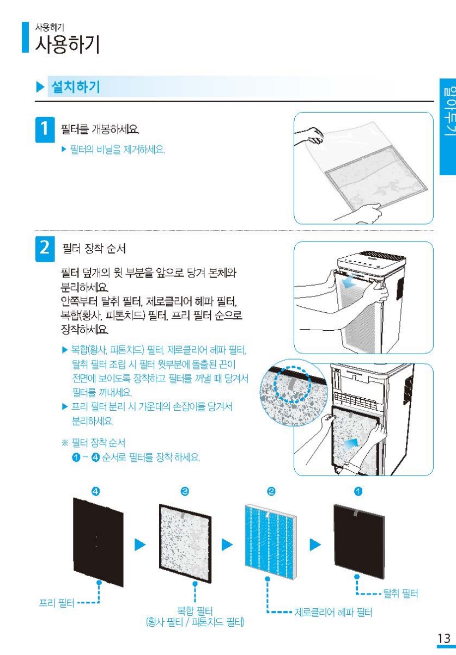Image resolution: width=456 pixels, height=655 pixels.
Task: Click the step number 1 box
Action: (45, 129)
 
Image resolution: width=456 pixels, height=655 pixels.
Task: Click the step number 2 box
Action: (45, 249)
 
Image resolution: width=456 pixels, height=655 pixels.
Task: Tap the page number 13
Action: (443, 638)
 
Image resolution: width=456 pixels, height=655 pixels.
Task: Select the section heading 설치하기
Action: (76, 87)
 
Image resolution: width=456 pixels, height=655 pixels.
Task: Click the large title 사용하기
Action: (68, 45)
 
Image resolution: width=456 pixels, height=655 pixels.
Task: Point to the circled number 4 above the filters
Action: (95, 491)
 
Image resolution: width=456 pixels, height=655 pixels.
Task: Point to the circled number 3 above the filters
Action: (185, 491)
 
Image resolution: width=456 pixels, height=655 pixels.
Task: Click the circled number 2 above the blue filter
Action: (271, 491)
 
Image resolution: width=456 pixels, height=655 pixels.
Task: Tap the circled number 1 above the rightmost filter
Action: (358, 491)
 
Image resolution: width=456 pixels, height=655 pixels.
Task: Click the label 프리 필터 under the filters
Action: (57, 603)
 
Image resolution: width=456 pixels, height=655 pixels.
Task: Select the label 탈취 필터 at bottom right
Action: (400, 594)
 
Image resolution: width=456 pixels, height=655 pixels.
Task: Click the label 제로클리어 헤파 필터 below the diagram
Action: (333, 612)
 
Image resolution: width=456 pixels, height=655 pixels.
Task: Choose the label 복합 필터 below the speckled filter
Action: (195, 610)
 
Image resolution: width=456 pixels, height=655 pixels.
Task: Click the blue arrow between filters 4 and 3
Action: (140, 545)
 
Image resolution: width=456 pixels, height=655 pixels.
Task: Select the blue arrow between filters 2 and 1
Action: (315, 545)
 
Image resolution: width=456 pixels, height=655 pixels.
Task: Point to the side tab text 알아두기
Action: (448, 111)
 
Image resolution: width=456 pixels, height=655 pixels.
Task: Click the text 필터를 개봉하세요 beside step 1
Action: (100, 129)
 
